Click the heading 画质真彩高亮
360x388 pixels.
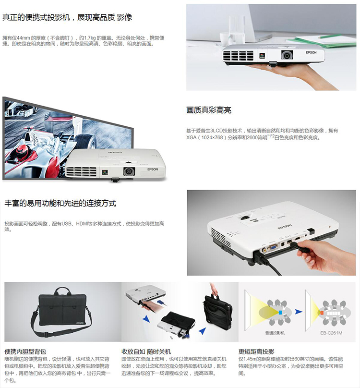[x=209, y=110]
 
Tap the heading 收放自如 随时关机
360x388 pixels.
[x=146, y=352]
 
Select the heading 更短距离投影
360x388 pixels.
[x=257, y=352]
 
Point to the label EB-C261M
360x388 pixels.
[x=331, y=332]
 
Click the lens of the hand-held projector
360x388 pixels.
[x=288, y=56]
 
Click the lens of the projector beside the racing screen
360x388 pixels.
[x=129, y=170]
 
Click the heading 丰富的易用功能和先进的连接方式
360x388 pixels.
[x=60, y=203]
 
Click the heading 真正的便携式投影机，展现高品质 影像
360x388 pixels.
[x=67, y=18]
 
